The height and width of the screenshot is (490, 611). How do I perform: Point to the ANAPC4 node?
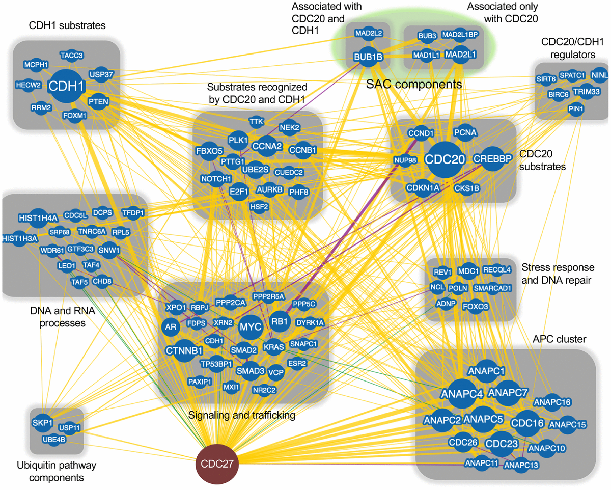click(x=462, y=393)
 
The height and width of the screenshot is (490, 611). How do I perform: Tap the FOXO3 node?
click(x=475, y=307)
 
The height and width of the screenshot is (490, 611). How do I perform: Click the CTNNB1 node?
click(x=184, y=350)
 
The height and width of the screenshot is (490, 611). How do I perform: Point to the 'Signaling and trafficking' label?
click(x=242, y=416)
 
